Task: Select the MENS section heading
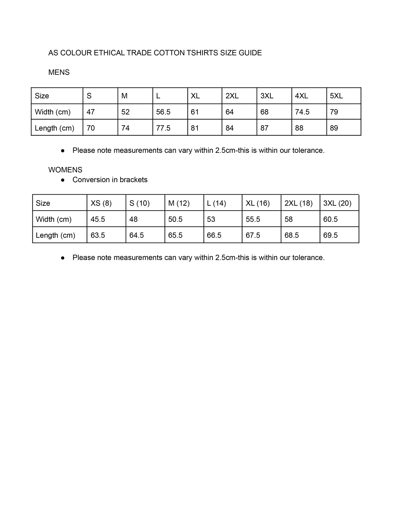click(x=59, y=72)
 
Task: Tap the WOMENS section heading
click(x=65, y=170)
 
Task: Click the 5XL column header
click(x=336, y=96)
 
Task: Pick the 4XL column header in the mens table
click(x=301, y=96)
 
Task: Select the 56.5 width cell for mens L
click(x=163, y=112)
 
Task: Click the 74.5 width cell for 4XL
click(x=302, y=112)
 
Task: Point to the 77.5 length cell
click(x=163, y=128)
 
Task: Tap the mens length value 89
click(x=334, y=128)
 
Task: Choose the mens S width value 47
click(x=90, y=112)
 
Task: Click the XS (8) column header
click(x=101, y=203)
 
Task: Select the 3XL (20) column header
click(x=337, y=203)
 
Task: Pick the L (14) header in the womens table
click(x=216, y=203)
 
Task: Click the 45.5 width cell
click(x=98, y=219)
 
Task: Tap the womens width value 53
click(x=211, y=219)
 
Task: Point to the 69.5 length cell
click(x=331, y=236)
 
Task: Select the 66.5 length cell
click(x=214, y=236)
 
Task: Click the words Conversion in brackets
click(x=110, y=180)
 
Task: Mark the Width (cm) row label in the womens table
click(x=53, y=219)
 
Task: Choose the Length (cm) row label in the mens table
click(x=54, y=128)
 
